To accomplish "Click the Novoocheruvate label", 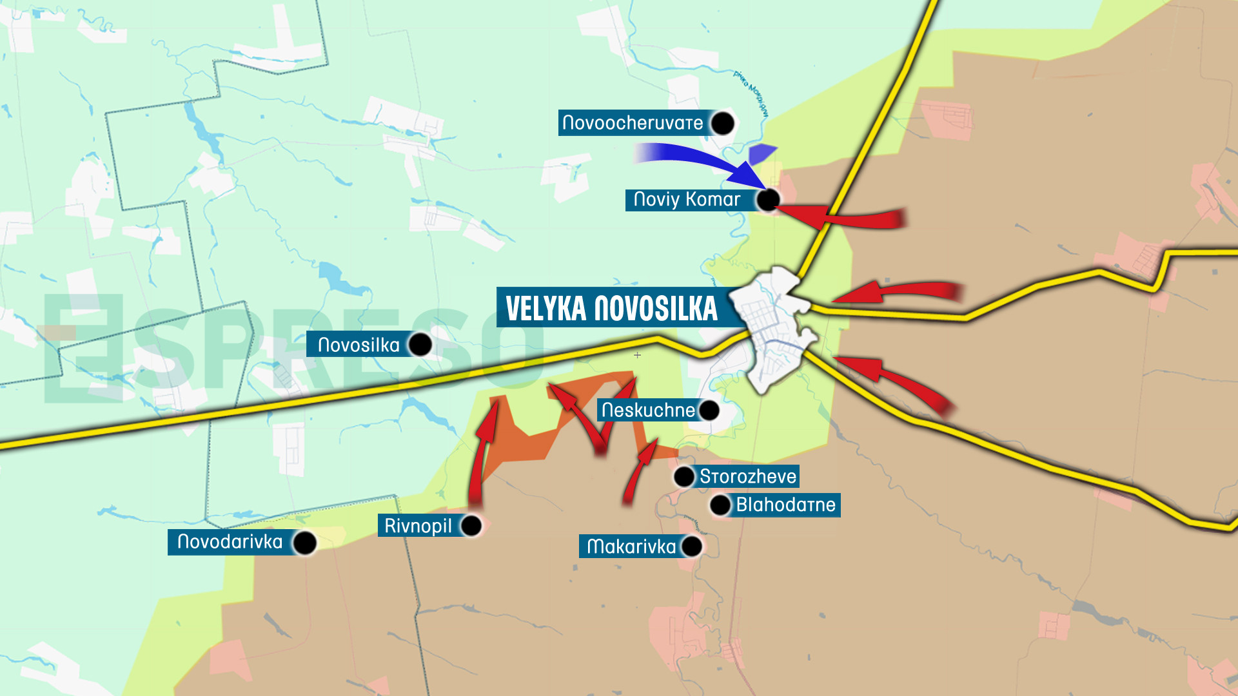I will pos(633,122).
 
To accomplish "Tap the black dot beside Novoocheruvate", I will pos(722,123).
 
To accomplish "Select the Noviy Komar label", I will pos(687,199).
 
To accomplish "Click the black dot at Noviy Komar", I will pos(768,200).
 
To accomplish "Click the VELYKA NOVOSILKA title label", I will pos(611,308).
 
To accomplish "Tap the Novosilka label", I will pos(359,345).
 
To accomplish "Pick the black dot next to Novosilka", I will pos(420,345).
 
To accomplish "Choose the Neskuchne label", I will pos(648,410).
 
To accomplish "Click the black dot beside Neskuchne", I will pos(709,410).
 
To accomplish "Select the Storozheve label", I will pos(748,476).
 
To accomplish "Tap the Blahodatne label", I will pos(785,505).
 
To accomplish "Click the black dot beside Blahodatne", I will pos(720,505).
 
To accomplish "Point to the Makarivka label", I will pos(631,546).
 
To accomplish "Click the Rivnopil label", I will pos(418,525).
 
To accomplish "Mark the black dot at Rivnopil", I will pos(471,525).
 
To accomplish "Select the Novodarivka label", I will pos(230,541).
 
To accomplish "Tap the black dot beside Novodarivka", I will pos(304,543).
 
